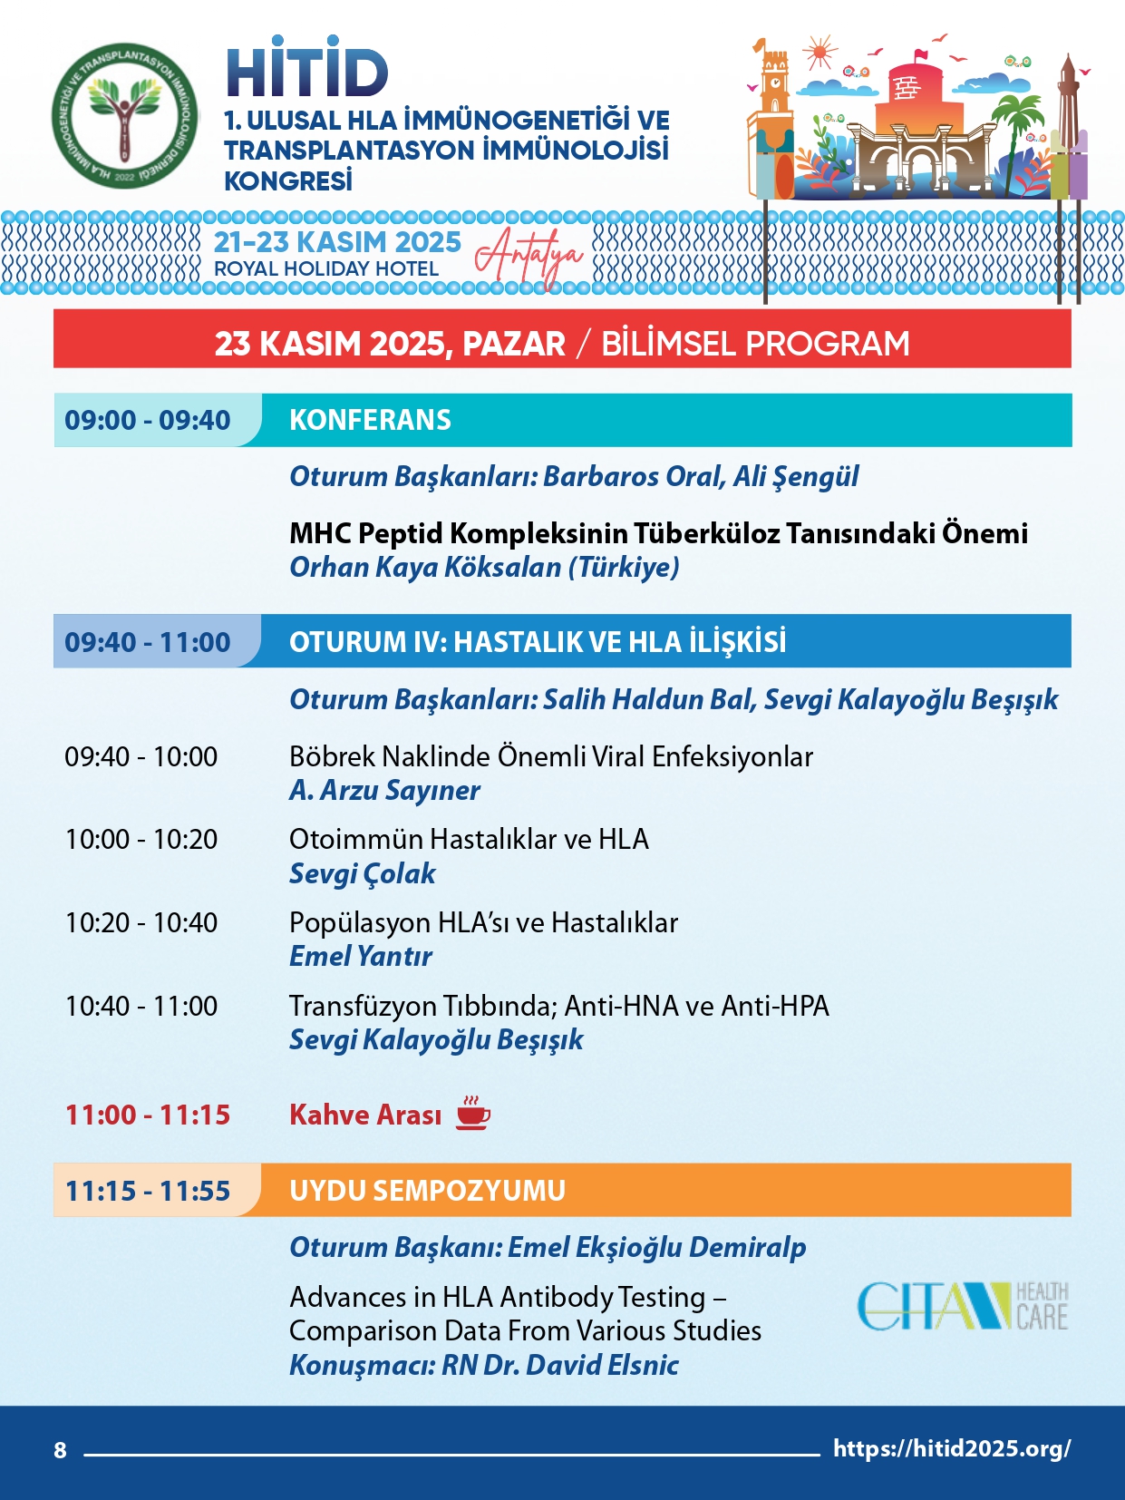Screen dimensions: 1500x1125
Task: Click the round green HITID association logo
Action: pos(124,115)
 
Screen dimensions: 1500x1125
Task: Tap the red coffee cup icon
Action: pos(472,1113)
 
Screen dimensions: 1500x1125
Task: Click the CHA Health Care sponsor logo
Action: pos(962,1306)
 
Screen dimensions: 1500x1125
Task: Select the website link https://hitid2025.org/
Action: pos(951,1448)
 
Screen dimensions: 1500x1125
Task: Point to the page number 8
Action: pos(60,1450)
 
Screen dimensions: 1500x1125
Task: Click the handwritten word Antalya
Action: pos(529,255)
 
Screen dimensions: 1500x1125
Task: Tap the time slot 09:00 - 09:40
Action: pos(148,420)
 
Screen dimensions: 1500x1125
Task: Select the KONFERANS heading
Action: pos(370,420)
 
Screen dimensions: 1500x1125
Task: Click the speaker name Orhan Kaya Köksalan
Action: pos(425,567)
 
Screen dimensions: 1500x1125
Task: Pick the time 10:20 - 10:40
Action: pos(141,922)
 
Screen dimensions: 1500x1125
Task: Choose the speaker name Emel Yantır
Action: pos(360,956)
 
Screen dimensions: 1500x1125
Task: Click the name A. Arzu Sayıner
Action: pos(384,790)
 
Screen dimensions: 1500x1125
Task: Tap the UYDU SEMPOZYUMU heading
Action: pos(427,1190)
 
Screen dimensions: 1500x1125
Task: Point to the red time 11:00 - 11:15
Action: pos(148,1115)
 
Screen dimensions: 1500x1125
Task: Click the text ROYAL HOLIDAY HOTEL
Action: pos(326,269)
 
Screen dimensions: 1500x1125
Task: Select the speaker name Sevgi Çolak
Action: pos(362,873)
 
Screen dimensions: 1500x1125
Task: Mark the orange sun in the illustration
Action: pos(820,53)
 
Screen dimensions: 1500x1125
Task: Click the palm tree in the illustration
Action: pos(1018,122)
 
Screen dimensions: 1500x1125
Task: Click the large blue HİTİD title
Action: pos(307,70)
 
